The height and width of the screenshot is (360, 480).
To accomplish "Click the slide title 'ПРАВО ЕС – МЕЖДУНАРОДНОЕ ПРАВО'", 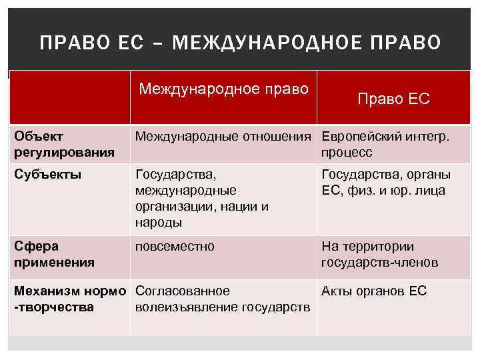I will point(240,43).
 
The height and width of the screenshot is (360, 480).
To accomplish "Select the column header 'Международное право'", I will point(224,89).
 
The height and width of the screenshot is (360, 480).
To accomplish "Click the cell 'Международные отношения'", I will point(224,137).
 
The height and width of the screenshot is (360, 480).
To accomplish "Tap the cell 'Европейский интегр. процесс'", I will point(385,144).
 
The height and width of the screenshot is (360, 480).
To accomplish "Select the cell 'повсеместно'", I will point(175,247).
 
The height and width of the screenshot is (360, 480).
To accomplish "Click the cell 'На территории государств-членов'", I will point(379,254).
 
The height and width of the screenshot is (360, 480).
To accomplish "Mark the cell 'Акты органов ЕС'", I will point(374,291).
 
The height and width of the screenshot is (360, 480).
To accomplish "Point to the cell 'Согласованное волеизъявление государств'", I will point(222,299).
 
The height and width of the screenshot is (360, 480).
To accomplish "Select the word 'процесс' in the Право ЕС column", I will point(347,153).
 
